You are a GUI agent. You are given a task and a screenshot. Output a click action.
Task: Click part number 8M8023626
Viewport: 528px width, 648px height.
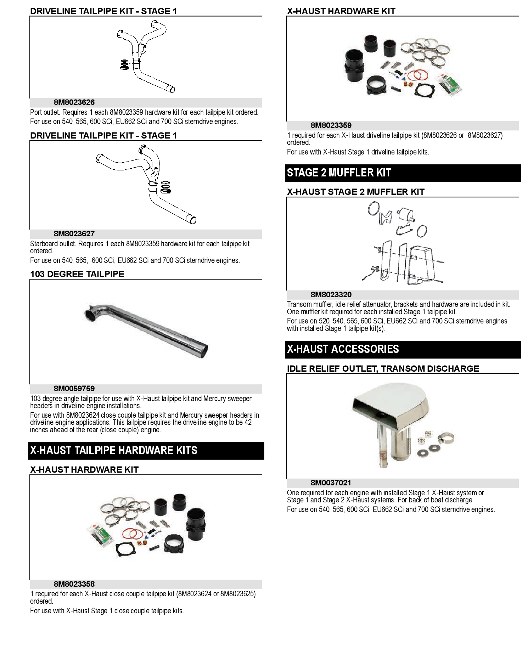click(74, 102)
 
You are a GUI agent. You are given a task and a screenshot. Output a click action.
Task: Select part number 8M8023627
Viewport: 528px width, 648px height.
click(74, 234)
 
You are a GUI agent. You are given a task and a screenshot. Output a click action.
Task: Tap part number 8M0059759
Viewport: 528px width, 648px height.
click(74, 389)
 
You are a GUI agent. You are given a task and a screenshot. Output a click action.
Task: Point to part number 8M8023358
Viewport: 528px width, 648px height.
click(74, 584)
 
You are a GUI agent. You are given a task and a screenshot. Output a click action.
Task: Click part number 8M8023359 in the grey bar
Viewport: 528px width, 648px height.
click(331, 125)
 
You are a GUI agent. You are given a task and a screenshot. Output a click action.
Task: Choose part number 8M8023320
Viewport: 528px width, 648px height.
click(331, 295)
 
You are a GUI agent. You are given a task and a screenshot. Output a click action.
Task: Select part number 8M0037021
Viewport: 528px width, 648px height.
click(331, 483)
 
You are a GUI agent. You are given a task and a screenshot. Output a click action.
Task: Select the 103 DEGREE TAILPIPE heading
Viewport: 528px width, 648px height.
click(77, 274)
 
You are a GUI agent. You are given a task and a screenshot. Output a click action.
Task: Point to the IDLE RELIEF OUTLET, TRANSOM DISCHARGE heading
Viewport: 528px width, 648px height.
click(383, 369)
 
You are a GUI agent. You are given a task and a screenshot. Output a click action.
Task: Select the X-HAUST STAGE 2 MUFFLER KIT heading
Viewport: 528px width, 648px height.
click(355, 192)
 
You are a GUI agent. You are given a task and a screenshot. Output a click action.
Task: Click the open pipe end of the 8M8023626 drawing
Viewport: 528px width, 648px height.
click(172, 89)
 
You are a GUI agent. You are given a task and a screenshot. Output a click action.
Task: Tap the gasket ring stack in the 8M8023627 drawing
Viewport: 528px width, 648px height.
click(165, 187)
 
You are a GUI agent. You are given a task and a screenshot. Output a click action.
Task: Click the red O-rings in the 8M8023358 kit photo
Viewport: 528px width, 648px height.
click(132, 534)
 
